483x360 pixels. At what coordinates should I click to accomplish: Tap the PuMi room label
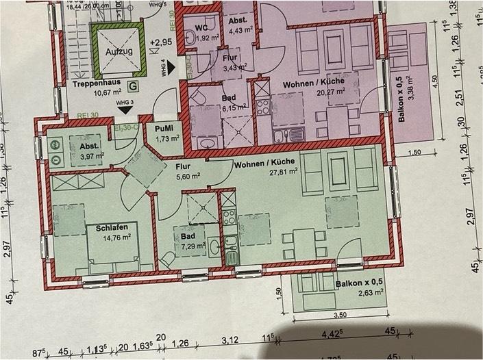coord(164,129)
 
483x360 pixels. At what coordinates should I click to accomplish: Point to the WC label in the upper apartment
coord(201,28)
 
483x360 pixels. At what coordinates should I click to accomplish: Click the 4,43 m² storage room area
coord(240,29)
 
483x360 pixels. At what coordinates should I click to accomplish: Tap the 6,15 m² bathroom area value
coord(232,108)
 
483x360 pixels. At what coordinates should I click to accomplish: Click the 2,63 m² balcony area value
coord(348,296)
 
